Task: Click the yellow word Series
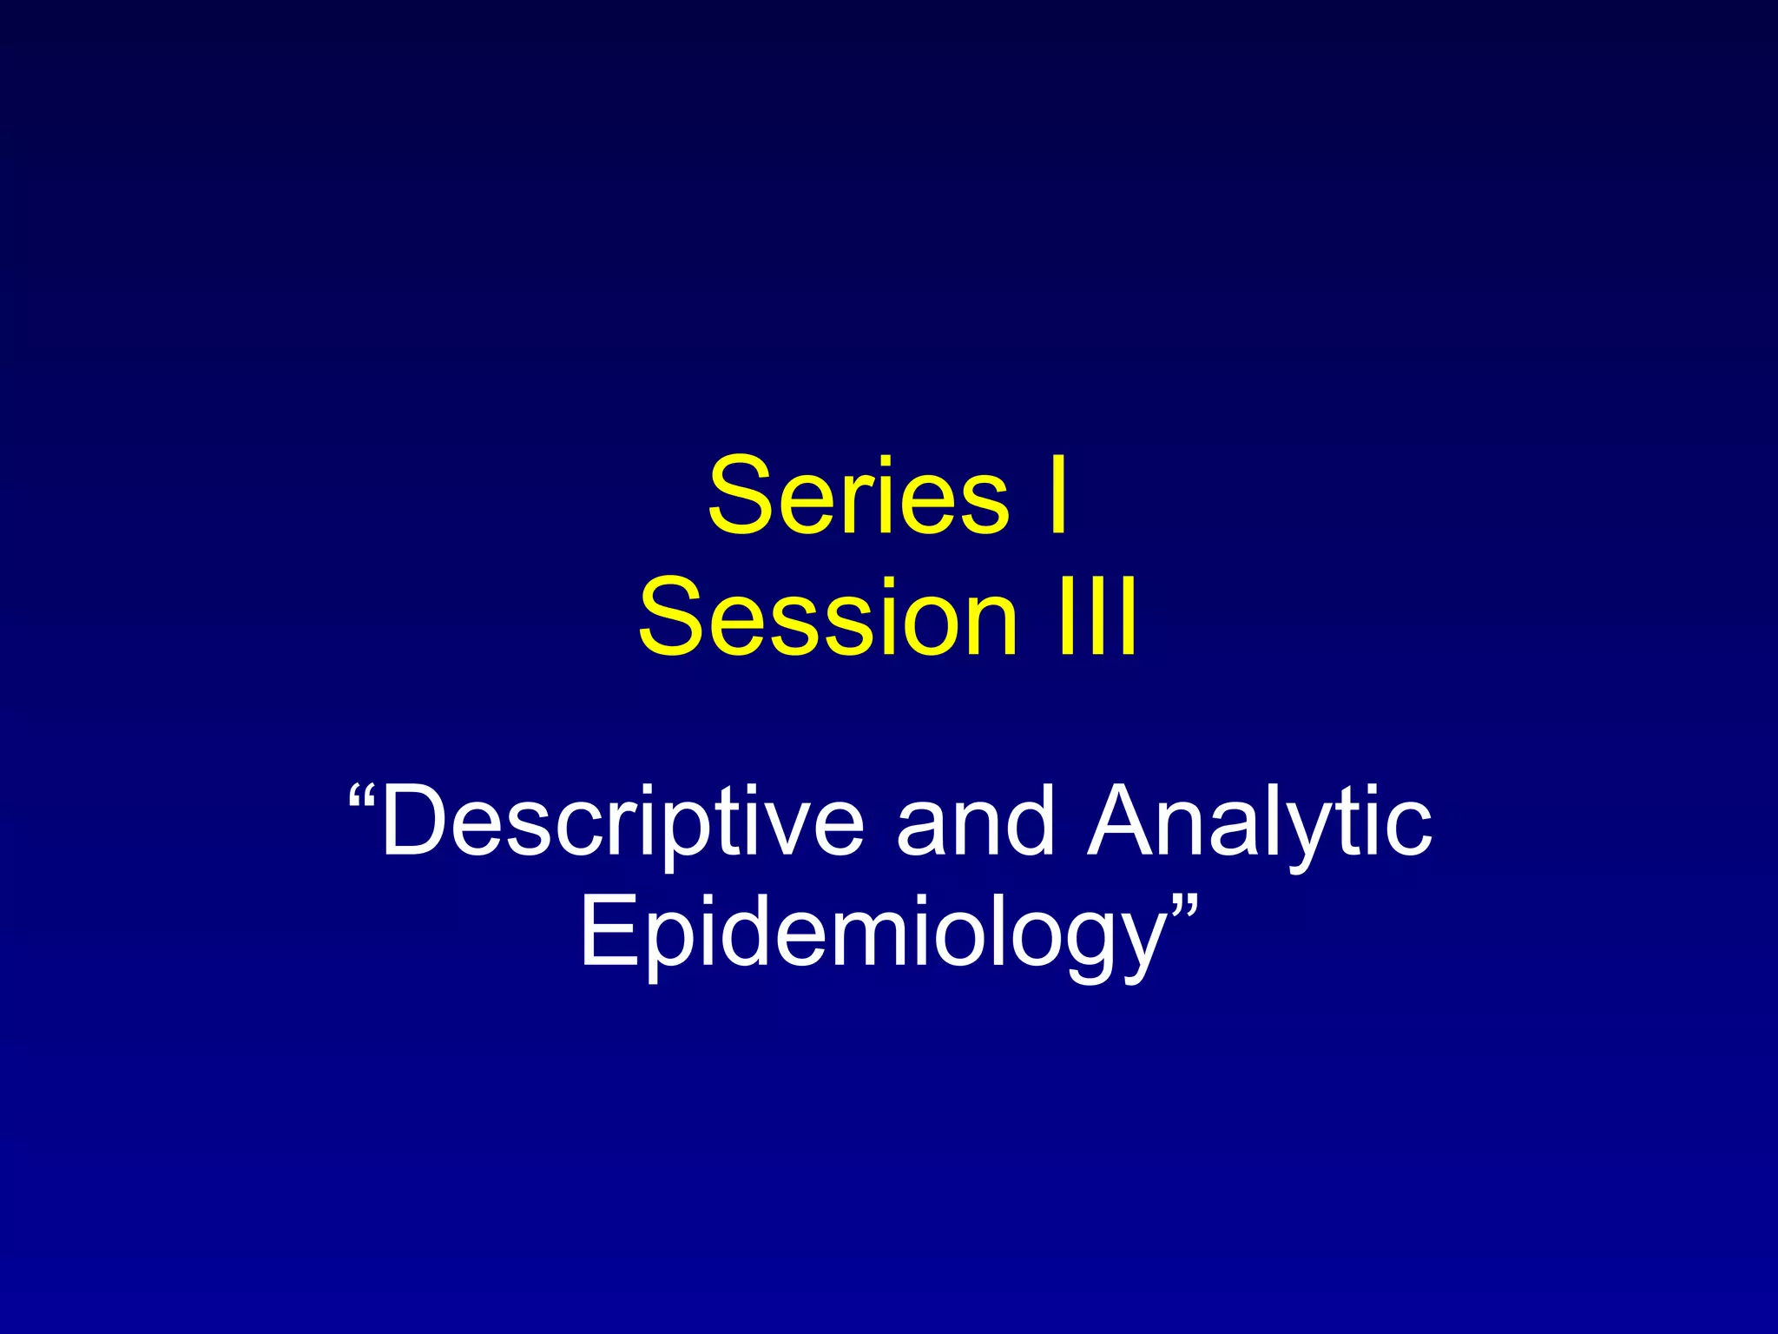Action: click(x=858, y=496)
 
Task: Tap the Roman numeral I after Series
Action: click(x=1057, y=496)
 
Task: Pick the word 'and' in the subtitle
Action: click(x=974, y=821)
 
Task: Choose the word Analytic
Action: click(x=1260, y=821)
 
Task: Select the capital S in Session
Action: click(x=675, y=617)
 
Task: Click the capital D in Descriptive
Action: click(x=417, y=821)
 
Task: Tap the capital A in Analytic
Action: click(x=1129, y=821)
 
